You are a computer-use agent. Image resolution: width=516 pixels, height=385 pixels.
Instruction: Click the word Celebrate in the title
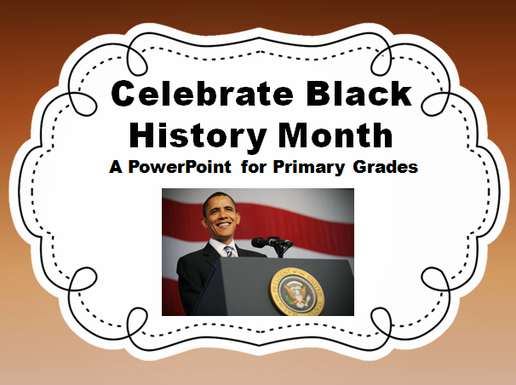click(202, 94)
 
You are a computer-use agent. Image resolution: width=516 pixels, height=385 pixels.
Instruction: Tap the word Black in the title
click(359, 94)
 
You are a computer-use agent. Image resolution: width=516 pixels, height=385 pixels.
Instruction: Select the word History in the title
click(198, 135)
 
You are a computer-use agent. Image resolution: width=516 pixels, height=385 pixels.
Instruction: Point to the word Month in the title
click(335, 135)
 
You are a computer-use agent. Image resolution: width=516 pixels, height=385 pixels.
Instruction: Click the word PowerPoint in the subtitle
click(180, 166)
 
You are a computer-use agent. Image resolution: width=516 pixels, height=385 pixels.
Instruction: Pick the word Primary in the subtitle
click(309, 167)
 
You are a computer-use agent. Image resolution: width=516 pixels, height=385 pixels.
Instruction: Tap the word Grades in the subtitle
click(386, 166)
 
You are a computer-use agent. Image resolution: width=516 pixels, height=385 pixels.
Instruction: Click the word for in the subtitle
click(254, 166)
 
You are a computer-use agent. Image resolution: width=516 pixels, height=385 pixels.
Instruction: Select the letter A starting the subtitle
click(116, 166)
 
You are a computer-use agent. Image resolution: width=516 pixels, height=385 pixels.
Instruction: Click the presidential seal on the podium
click(297, 292)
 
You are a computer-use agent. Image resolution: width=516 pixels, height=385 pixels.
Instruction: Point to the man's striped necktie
click(230, 251)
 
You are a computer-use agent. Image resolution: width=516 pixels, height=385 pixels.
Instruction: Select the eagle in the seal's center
click(297, 292)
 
